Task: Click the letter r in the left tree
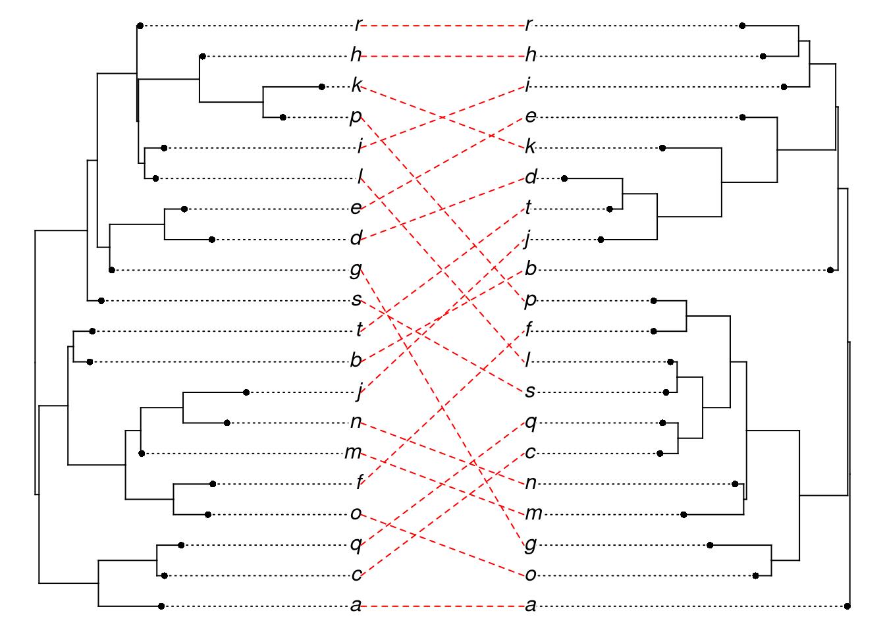coord(358,26)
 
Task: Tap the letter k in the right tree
coord(531,147)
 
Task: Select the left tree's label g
coord(356,269)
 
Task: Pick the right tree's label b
coord(531,269)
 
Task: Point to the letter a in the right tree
coord(531,606)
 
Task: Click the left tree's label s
coord(356,300)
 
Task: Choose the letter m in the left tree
coord(354,453)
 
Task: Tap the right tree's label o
coord(531,575)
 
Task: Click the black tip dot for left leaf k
coord(321,87)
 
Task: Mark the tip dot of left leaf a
coord(161,606)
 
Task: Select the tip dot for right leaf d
coord(564,178)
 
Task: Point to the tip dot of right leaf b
coord(830,270)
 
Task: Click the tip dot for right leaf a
coord(847,606)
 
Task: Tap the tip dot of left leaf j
coord(246,392)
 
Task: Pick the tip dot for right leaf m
coord(684,514)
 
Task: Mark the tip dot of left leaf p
coord(282,117)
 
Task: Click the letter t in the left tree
coord(360,330)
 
